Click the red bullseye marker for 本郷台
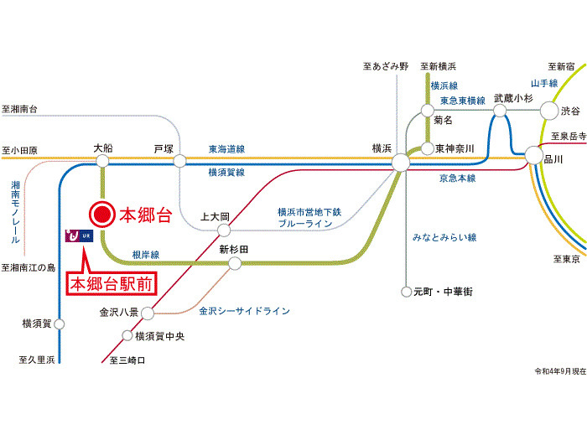102,215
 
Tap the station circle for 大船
102,161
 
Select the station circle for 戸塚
179,161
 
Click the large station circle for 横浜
401,163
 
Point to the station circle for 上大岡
224,230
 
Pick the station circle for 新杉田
235,263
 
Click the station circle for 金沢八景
148,313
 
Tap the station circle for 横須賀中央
127,335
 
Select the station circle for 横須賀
60,324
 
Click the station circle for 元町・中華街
406,292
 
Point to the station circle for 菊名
427,111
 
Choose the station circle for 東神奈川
427,148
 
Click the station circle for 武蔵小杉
500,111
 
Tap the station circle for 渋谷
549,111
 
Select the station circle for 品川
533,155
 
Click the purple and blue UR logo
79,236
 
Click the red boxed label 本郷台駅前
112,284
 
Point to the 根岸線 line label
146,255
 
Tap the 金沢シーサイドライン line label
244,311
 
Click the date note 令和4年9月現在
560,371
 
